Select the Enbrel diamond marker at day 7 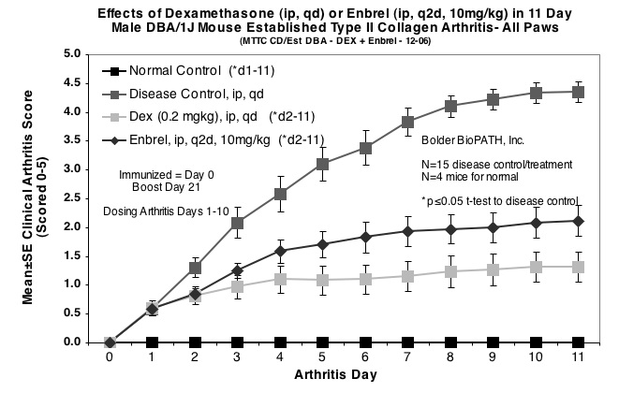pyautogui.click(x=407, y=231)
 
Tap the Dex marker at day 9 pyautogui.click(x=493, y=269)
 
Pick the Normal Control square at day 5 pyautogui.click(x=322, y=342)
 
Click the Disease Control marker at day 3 pyautogui.click(x=237, y=223)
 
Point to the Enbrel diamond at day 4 pyautogui.click(x=280, y=250)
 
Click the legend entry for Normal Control pyautogui.click(x=183, y=71)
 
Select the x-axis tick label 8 pyautogui.click(x=450, y=357)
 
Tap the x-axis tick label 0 pyautogui.click(x=110, y=357)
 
